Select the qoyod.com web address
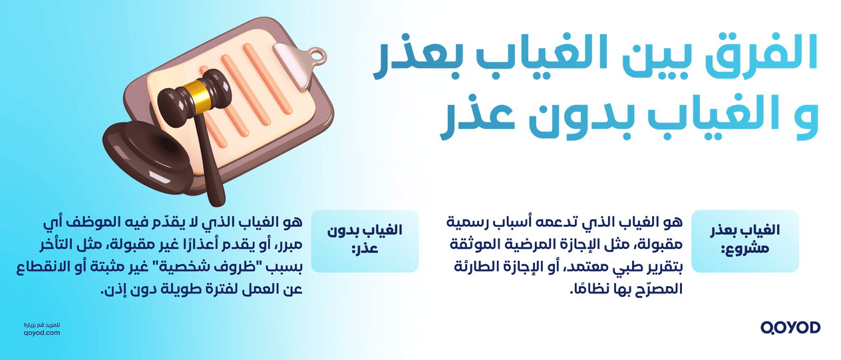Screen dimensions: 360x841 (x=41, y=332)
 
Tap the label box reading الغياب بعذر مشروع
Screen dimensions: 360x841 (x=745, y=240)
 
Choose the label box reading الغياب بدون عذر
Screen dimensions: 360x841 (x=365, y=240)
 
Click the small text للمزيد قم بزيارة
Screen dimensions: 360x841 (x=41, y=323)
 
